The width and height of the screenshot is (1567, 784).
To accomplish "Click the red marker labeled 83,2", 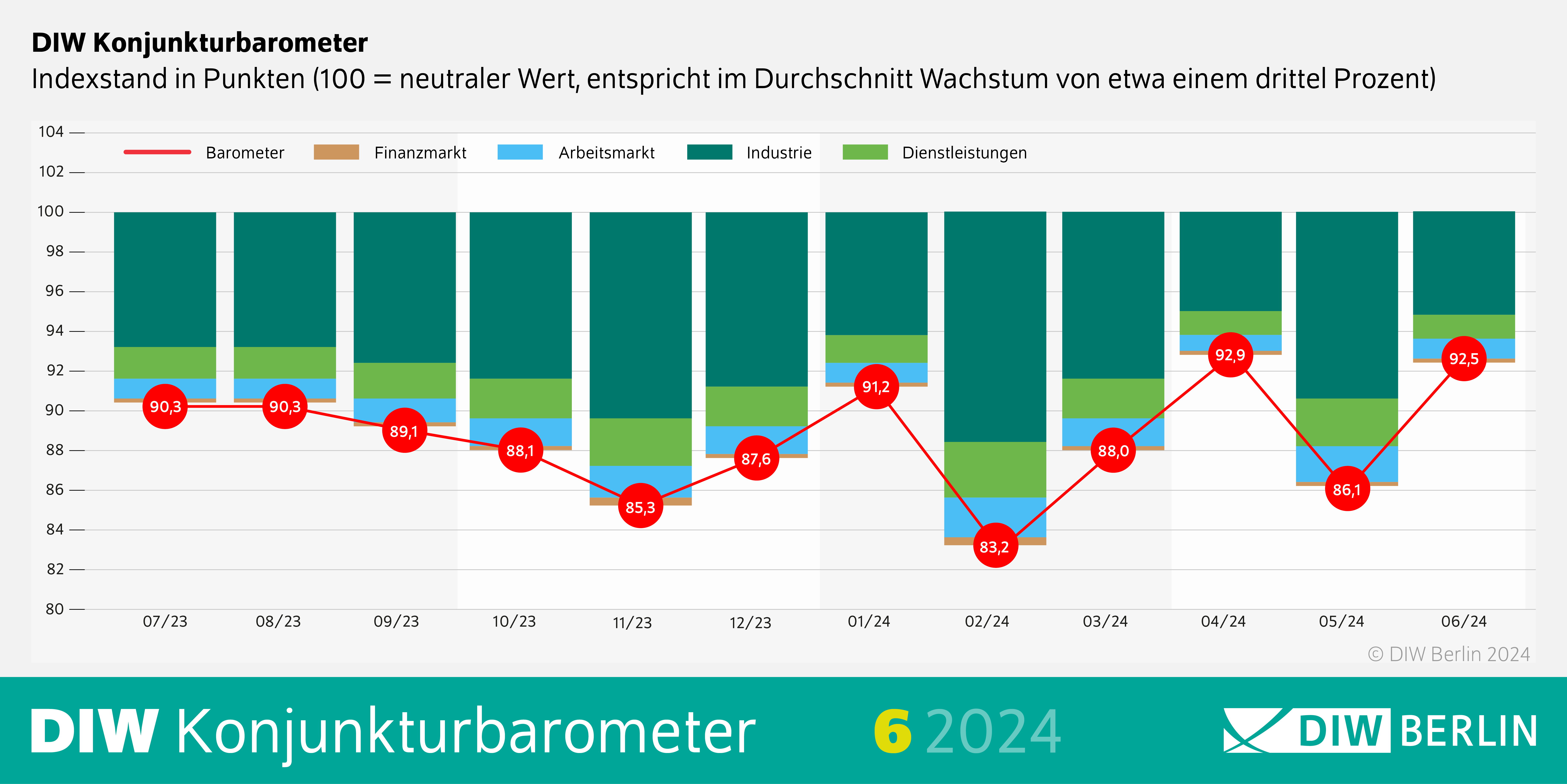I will [x=995, y=546].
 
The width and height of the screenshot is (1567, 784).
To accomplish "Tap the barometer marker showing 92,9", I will [x=1230, y=355].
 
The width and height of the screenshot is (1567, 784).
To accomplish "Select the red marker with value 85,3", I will [x=640, y=506].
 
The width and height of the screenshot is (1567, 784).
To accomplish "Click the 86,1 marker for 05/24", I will [x=1347, y=489].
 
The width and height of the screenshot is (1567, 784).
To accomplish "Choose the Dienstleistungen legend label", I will [x=964, y=153].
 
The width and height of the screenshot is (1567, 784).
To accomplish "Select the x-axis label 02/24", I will [x=987, y=622].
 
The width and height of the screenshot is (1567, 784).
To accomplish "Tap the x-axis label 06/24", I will [x=1464, y=622].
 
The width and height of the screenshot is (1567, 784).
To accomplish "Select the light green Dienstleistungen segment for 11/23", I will [x=640, y=442].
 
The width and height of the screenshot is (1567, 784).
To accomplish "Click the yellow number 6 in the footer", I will [x=892, y=732].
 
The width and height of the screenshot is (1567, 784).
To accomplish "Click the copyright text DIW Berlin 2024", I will [x=1449, y=654].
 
